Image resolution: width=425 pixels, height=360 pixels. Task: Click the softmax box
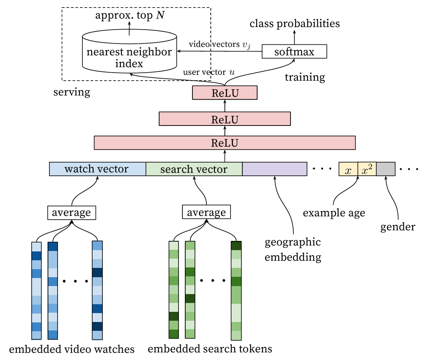(x=294, y=52)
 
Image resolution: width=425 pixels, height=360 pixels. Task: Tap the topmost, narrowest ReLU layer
(x=225, y=93)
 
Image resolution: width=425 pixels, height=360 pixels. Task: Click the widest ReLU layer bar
(x=225, y=143)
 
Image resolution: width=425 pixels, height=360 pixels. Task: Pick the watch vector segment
(x=97, y=169)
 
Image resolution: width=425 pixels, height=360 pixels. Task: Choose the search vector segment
(x=194, y=169)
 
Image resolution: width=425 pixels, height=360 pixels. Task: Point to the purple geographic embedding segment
(x=274, y=169)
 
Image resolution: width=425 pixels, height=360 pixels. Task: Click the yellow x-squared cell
(x=367, y=169)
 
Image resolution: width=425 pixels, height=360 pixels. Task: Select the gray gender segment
(x=386, y=169)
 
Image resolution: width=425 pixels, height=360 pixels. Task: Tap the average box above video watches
(x=71, y=212)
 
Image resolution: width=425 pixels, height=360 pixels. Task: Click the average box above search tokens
(x=206, y=212)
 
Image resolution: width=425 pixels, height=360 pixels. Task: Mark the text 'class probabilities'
(x=294, y=24)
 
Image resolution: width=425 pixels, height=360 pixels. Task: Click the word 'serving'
(x=72, y=92)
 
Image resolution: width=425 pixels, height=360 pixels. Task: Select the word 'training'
(x=304, y=77)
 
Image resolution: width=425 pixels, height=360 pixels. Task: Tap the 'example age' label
(x=334, y=213)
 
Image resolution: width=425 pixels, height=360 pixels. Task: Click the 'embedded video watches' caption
(x=71, y=349)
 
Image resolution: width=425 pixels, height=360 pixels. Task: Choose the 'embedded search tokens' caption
(x=210, y=349)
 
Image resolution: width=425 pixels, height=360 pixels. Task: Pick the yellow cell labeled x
(x=348, y=169)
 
